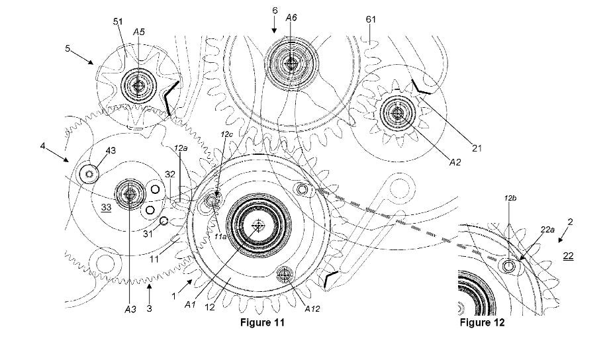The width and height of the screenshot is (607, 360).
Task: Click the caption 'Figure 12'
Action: tap(482, 322)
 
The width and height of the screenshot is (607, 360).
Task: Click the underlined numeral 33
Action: tap(106, 207)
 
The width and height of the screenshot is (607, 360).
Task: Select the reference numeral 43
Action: tap(111, 152)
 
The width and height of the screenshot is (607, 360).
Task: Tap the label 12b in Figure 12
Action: tap(509, 197)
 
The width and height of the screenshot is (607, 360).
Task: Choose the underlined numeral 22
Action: tap(568, 255)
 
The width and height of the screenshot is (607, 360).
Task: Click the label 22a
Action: tap(529, 229)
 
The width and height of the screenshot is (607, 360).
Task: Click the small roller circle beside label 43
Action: tap(89, 174)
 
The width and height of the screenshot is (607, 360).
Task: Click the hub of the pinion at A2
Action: tap(397, 113)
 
